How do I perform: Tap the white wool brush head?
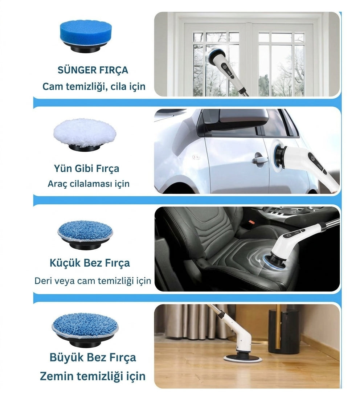tap(85, 135)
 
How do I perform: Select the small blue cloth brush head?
tap(85, 235)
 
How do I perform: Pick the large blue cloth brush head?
tap(85, 329)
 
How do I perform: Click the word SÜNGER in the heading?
tap(74, 70)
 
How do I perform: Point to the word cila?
tap(118, 86)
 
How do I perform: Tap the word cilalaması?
tap(91, 184)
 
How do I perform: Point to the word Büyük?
tap(66, 357)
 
